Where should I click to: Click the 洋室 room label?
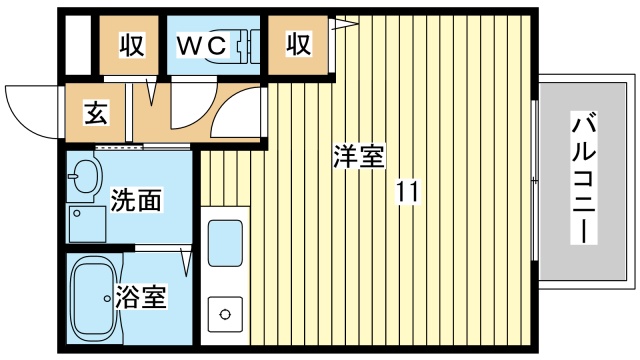click(x=357, y=157)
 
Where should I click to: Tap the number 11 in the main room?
click(x=406, y=190)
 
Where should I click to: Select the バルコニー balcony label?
click(x=585, y=181)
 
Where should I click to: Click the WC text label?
click(x=203, y=45)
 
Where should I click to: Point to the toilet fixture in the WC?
click(x=239, y=45)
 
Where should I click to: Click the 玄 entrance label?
click(x=96, y=112)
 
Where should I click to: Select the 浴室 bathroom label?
click(x=140, y=296)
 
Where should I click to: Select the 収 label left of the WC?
click(x=133, y=45)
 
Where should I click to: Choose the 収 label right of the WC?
click(x=299, y=45)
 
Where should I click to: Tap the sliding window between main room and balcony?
click(x=537, y=180)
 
